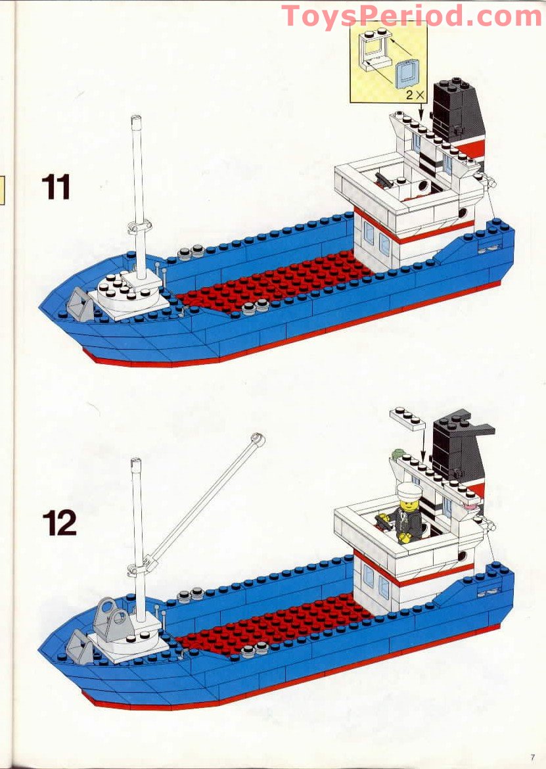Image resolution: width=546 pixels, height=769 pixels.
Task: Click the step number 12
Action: [59, 523]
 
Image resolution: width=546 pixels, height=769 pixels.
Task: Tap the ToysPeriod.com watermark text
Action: [411, 16]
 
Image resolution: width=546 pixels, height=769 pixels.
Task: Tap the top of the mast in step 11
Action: [137, 120]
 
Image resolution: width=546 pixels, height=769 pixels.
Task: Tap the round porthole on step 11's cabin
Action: [465, 214]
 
